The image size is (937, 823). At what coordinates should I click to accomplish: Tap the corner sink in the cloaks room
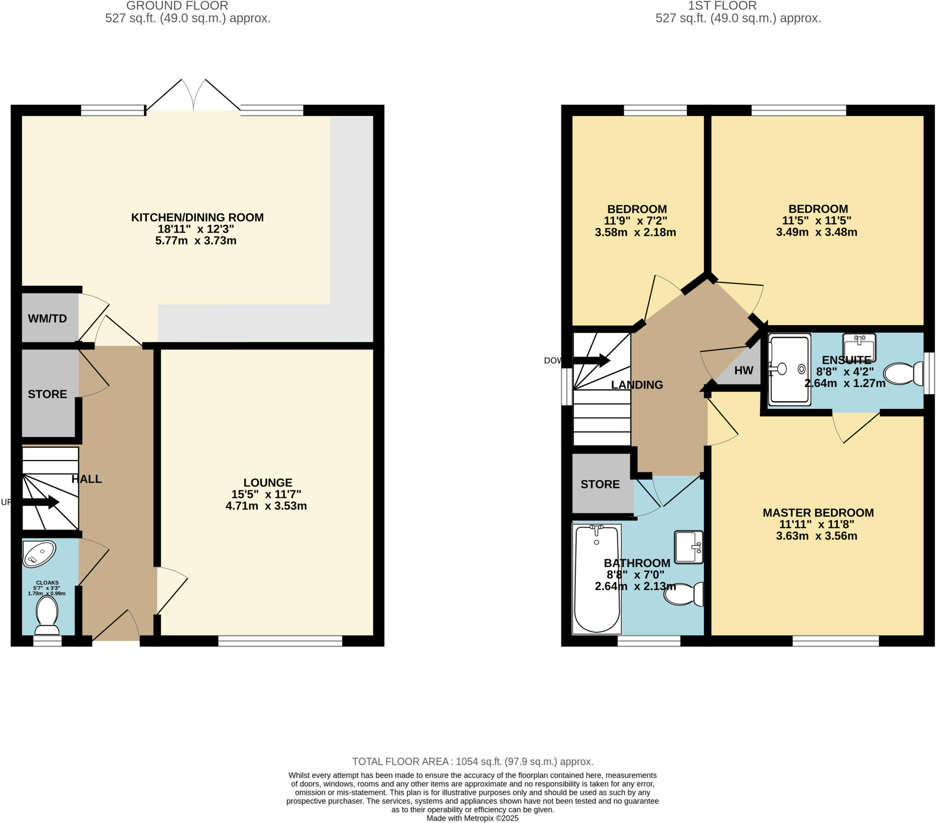pos(39,554)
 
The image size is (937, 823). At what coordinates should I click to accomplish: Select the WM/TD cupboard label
pos(47,319)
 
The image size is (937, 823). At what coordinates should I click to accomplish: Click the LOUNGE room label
pos(267,482)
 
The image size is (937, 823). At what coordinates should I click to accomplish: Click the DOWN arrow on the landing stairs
pos(592,361)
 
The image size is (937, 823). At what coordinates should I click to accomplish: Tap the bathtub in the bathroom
pos(597,579)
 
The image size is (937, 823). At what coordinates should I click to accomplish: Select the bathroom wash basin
pos(688,546)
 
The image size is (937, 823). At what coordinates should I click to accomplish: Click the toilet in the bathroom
pos(684,594)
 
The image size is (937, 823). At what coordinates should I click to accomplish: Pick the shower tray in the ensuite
pos(789,370)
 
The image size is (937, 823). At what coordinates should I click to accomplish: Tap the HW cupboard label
pos(743,370)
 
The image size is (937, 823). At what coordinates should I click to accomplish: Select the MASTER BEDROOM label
pos(818,513)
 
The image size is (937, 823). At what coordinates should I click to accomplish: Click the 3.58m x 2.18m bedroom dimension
pos(635,232)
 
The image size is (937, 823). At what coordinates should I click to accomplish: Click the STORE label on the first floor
pos(600,484)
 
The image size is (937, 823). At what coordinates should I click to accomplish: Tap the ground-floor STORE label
pos(47,394)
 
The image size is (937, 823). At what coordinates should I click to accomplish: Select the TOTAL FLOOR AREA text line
pos(473,762)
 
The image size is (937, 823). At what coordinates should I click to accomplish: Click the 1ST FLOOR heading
pos(722,6)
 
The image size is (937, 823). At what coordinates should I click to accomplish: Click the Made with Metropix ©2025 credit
pos(472,818)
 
